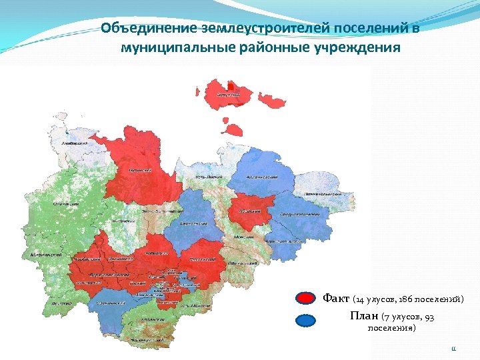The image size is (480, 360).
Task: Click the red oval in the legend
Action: [x=305, y=299]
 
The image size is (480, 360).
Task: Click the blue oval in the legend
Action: [x=305, y=320]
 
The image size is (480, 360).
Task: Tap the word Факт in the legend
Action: [x=336, y=298]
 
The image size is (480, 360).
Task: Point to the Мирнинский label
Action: [x=47, y=255]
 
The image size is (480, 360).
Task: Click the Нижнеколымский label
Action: [x=323, y=194]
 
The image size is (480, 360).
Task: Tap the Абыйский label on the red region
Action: [x=251, y=210]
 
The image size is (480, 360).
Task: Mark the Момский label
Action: [x=243, y=237]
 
